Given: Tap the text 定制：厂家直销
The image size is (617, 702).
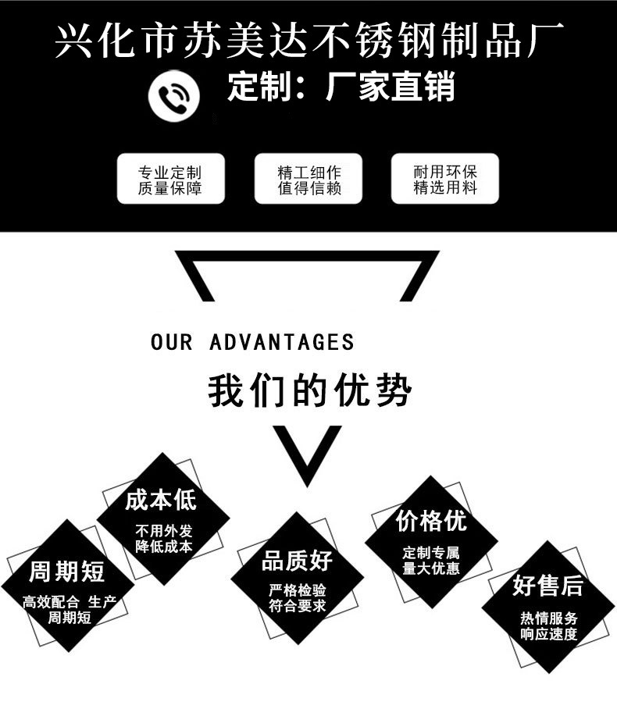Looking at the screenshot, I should [341, 87].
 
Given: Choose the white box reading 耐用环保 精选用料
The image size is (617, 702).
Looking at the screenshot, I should [444, 180].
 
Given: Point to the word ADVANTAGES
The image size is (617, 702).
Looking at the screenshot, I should [282, 342].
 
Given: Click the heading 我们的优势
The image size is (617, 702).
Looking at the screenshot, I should [308, 390].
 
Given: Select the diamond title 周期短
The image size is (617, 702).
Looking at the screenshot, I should [66, 572].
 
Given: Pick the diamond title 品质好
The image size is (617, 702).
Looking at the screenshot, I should [297, 560].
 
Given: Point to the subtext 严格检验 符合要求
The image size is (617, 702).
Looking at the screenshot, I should [297, 598].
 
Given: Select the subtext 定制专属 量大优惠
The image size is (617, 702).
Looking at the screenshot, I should [431, 561].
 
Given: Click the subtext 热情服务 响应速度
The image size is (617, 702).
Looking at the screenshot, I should [548, 625].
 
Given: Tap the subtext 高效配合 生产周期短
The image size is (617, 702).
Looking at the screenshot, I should [69, 609].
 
